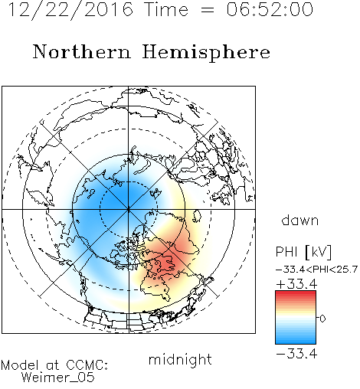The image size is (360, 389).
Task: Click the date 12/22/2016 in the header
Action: (70, 10)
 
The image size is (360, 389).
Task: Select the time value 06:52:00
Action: (270, 10)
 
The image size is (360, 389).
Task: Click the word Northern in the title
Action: (81, 52)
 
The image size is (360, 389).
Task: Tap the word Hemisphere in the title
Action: (206, 53)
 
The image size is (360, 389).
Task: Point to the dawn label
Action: (300, 220)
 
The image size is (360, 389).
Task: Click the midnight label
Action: (180, 359)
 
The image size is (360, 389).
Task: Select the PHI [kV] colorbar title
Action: (303, 252)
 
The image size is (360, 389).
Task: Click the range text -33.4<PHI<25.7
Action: (316, 270)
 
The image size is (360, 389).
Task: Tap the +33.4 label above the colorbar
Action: (296, 284)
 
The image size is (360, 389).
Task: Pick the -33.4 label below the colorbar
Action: (296, 354)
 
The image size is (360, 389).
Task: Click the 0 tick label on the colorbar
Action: (322, 319)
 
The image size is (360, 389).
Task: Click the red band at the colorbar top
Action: (296, 294)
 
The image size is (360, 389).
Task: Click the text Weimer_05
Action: (57, 378)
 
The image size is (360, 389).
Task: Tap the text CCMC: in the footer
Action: (87, 365)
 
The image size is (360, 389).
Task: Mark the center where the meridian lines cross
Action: (129, 210)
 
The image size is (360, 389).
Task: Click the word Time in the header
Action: (166, 10)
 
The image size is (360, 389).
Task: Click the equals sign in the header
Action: (208, 11)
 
